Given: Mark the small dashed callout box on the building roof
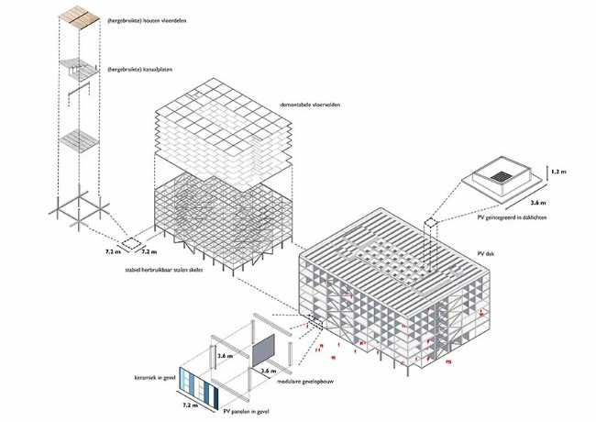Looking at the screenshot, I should [431, 223].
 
